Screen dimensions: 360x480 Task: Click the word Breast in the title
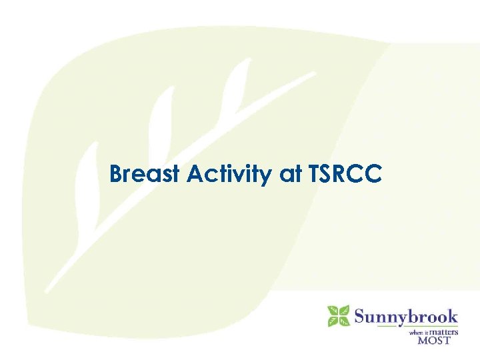[146, 175]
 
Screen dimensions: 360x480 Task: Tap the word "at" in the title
[291, 175]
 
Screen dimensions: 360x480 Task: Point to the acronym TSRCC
[345, 175]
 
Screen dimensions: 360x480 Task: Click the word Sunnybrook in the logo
[406, 315]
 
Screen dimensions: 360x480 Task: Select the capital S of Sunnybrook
[361, 315]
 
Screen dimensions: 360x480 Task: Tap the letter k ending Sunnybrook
[453, 315]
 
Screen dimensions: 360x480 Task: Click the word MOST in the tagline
[434, 340]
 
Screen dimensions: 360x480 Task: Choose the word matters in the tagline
[443, 331]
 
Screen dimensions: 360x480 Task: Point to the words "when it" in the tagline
[417, 332]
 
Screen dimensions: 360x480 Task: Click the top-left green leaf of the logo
[333, 310]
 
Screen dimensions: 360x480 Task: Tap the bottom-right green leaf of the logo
[344, 321]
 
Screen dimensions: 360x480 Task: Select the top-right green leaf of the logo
[344, 310]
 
